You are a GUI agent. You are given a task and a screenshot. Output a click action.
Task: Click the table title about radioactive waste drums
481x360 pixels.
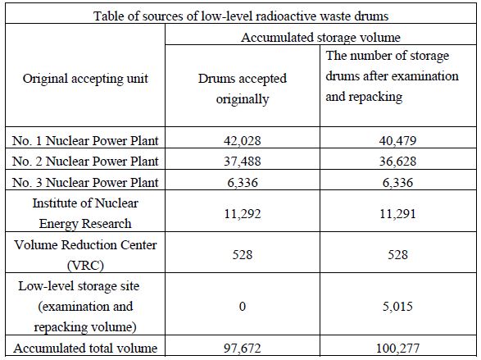241,16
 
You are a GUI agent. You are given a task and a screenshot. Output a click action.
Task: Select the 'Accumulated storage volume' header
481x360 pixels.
320,38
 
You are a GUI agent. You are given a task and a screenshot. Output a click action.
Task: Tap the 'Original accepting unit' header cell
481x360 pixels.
85,79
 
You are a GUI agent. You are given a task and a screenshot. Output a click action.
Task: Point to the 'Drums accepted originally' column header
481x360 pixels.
243,89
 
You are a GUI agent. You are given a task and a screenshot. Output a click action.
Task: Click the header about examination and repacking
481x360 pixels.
392,76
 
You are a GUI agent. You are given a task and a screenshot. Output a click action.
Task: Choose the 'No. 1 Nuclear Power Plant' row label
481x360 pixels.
85,140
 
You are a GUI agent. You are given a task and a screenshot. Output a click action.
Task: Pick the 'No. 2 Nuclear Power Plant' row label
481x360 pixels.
85,161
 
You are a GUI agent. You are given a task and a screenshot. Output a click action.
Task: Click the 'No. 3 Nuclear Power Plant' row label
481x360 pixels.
85,182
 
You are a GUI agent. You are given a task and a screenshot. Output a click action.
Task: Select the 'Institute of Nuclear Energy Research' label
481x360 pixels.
85,213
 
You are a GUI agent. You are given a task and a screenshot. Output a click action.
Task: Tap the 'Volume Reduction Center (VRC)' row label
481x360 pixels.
85,255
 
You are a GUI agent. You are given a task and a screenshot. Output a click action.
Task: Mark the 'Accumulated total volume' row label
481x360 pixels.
85,349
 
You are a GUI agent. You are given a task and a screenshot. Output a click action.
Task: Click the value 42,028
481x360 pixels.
243,140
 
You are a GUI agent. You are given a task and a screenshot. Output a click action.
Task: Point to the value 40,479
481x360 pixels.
397,140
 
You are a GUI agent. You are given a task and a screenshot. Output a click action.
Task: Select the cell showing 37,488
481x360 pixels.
243,161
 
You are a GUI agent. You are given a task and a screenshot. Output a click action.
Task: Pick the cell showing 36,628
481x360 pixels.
397,161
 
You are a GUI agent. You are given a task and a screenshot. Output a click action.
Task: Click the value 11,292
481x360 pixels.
243,213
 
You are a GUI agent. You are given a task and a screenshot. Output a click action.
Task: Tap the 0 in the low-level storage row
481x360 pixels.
243,307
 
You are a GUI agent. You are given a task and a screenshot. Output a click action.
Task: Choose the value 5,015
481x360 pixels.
397,307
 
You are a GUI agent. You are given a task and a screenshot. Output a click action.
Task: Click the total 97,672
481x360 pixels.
243,349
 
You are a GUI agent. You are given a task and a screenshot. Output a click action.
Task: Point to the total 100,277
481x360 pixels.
397,349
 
